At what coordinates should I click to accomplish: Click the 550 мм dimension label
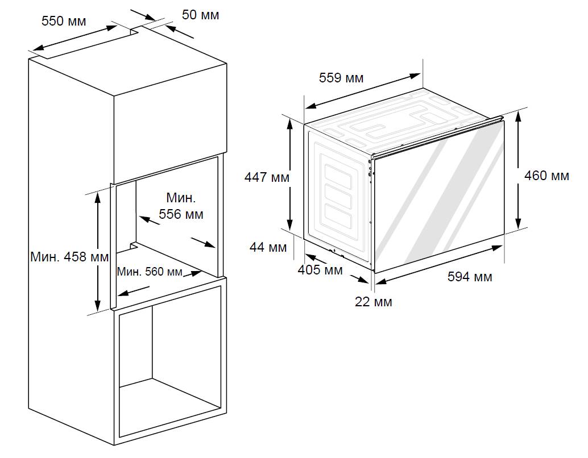click(x=64, y=21)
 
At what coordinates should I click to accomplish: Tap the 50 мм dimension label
click(x=200, y=15)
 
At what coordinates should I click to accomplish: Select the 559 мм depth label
click(x=341, y=78)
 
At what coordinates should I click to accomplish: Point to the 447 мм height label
click(x=267, y=177)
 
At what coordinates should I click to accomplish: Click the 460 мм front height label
click(x=546, y=176)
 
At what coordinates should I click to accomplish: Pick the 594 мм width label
click(x=470, y=277)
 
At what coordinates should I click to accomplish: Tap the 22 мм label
click(x=374, y=302)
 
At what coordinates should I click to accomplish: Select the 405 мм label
click(x=320, y=270)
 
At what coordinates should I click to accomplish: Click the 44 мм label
click(x=268, y=247)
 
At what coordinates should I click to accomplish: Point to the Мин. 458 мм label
click(x=69, y=257)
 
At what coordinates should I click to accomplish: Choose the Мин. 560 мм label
click(x=150, y=272)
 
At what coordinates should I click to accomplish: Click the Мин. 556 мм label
click(x=181, y=206)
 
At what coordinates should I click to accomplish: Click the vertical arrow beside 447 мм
click(x=290, y=174)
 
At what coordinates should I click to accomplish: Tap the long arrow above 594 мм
click(x=439, y=265)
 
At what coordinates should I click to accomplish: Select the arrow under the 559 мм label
click(x=362, y=91)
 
